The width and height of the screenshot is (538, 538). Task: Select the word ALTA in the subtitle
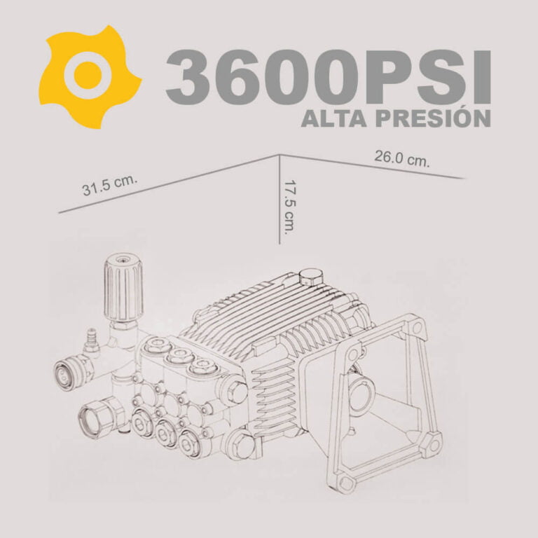point(336,118)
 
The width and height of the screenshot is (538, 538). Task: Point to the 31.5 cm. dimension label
point(109,186)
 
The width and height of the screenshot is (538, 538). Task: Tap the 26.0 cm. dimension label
point(402,158)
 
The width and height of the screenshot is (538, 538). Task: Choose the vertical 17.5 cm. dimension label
point(289,207)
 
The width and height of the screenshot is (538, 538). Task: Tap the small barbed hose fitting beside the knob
point(91,340)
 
